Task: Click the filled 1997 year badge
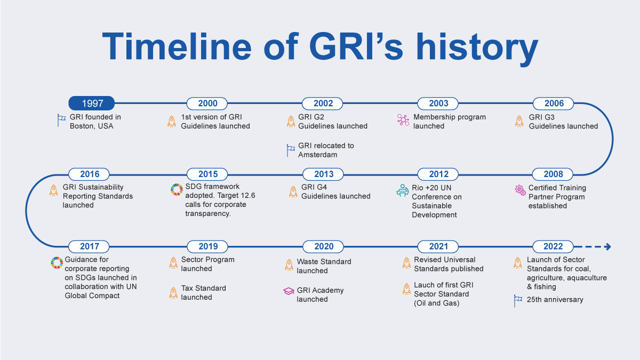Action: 91,103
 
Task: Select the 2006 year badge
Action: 553,103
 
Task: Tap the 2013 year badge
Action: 323,174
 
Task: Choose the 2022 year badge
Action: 553,246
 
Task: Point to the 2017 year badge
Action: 89,246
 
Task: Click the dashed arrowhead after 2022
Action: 607,246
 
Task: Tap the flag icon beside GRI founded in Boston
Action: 61,121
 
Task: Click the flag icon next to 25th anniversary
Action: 518,301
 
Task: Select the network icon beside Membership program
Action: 403,119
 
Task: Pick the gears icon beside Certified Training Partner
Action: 520,190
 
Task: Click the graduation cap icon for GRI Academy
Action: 289,291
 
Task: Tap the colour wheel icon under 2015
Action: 177,189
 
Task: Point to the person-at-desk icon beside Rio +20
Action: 402,190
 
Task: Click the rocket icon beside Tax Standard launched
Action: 173,293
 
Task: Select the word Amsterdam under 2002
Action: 317,155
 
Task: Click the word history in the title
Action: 477,47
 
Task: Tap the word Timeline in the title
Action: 177,46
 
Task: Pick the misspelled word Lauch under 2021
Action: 425,285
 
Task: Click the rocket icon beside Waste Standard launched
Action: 289,265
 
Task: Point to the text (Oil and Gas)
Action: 437,303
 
